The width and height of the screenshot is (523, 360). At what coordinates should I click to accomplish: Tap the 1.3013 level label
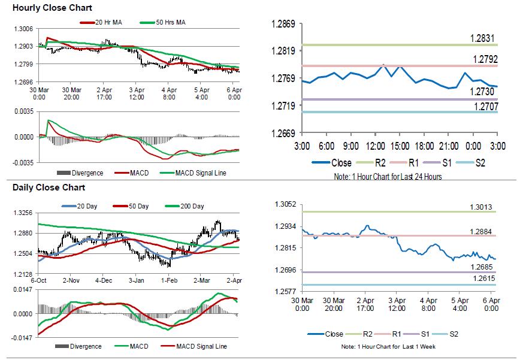click(x=482, y=207)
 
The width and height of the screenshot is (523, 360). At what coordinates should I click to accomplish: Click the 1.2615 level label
click(x=482, y=279)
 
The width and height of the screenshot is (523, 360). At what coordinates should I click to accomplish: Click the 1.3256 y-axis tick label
click(x=23, y=213)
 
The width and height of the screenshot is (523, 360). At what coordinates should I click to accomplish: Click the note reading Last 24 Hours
click(x=389, y=177)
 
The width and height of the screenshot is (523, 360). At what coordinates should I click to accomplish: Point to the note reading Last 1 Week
click(x=388, y=347)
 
